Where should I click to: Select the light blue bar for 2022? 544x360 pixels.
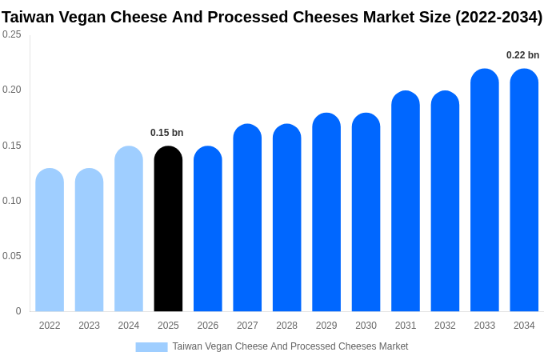(x=50, y=240)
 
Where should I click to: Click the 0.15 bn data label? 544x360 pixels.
(x=166, y=133)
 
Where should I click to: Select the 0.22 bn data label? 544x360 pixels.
(x=522, y=55)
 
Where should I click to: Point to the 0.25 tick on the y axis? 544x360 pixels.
(x=12, y=34)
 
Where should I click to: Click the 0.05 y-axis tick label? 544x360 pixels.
(x=12, y=256)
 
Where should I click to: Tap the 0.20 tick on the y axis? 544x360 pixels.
(x=12, y=90)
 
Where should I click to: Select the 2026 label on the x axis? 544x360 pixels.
(x=208, y=326)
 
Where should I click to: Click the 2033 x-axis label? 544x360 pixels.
(x=485, y=326)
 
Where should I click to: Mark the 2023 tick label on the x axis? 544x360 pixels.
(x=89, y=326)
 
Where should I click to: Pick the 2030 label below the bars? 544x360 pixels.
(x=366, y=326)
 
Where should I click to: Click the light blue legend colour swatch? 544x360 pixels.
(x=151, y=346)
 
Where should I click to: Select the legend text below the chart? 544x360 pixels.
(x=290, y=346)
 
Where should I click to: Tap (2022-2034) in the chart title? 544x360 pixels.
(x=498, y=17)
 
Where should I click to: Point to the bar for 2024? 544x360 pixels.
(x=129, y=229)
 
